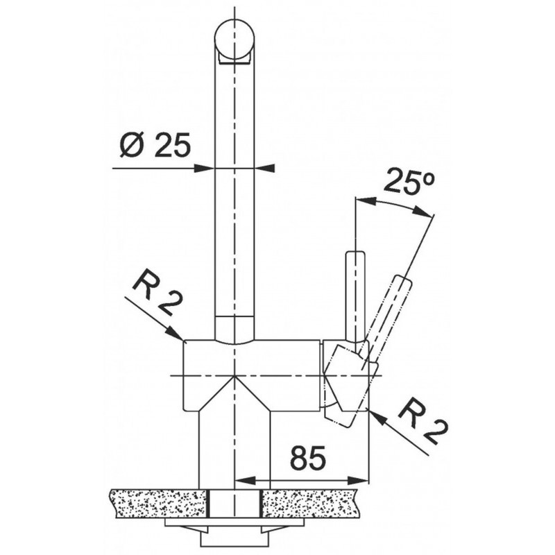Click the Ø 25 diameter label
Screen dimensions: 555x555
pyautogui.click(x=155, y=145)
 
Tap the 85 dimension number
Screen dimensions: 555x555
pyautogui.click(x=307, y=459)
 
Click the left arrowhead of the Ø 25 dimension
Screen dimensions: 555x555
pyautogui.click(x=205, y=168)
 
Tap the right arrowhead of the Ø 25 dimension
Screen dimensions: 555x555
pyautogui.click(x=264, y=168)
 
